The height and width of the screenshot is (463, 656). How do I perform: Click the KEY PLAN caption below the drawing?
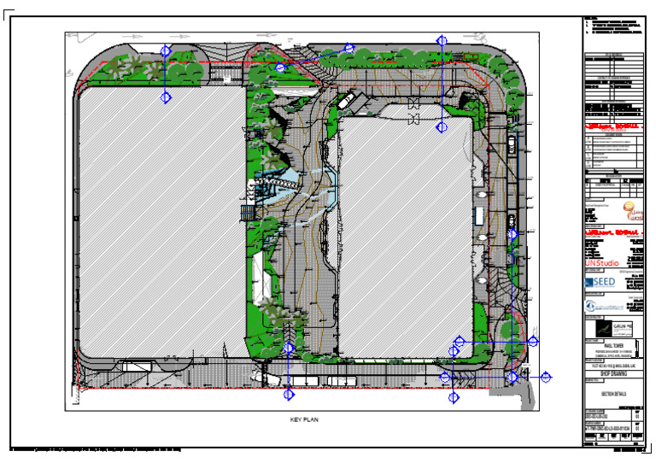pos(304,420)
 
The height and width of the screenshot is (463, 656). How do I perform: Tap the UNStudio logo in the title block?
pos(601,262)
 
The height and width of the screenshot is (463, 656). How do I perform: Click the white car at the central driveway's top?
pos(346,101)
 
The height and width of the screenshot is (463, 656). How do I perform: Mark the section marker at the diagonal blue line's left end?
pos(280,67)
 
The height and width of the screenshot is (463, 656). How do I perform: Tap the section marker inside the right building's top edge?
pos(442,127)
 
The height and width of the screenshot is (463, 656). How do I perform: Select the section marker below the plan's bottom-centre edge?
pos(289,395)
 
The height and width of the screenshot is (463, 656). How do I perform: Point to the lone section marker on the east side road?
pos(512,233)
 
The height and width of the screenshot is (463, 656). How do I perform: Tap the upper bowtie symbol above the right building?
pos(414,103)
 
